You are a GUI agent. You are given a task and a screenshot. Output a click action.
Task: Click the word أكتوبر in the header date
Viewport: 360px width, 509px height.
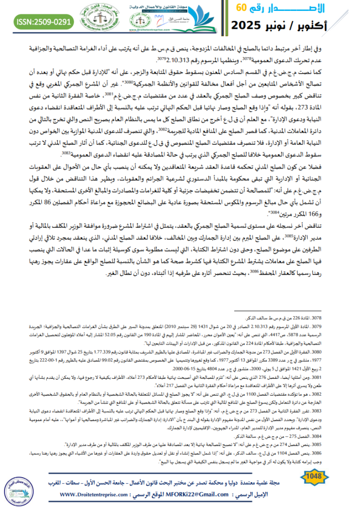click(331, 25)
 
